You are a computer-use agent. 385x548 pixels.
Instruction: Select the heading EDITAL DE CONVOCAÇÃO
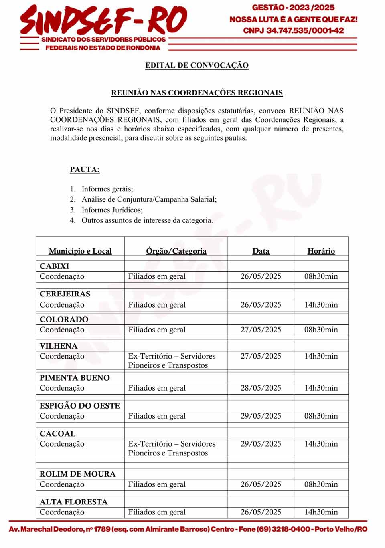point(197,65)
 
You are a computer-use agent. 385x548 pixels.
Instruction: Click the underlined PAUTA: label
point(85,169)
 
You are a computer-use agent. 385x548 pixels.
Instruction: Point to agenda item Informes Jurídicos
point(112,210)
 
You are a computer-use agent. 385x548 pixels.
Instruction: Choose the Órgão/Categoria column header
point(176,251)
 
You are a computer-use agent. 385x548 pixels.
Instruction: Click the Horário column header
point(321,251)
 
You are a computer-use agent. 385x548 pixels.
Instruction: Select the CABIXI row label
point(54,266)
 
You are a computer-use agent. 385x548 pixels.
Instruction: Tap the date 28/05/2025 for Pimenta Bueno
point(261,388)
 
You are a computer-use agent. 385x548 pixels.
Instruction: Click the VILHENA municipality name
point(59,346)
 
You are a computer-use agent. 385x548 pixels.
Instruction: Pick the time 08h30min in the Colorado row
point(321,330)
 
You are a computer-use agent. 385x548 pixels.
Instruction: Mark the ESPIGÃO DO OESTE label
point(79,406)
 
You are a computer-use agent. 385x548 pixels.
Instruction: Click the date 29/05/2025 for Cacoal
point(261,444)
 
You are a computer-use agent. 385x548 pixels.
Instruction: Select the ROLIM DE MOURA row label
point(77,474)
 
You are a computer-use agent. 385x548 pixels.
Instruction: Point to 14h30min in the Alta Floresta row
point(321,512)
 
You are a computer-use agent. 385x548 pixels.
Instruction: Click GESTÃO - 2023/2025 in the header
point(293,7)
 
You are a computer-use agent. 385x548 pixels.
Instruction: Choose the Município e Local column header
point(80,251)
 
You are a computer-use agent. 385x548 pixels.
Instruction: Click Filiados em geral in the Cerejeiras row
point(157,305)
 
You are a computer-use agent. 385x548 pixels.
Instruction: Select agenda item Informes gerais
point(107,189)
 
